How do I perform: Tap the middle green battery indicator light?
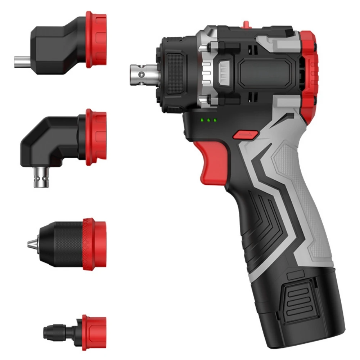click(208, 120)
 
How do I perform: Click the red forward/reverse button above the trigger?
click(245, 135)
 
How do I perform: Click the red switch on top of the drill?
click(246, 24)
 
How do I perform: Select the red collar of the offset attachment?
click(96, 40)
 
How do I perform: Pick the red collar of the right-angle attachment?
click(96, 137)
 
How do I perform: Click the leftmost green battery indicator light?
click(203, 120)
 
